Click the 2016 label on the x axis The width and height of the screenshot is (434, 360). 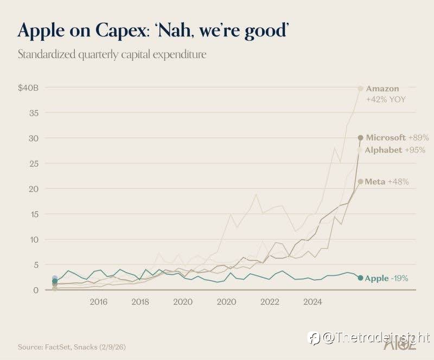pos(99,301)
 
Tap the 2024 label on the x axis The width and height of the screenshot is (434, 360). pos(313,301)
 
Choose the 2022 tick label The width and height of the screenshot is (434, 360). pos(270,301)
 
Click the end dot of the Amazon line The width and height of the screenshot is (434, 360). pos(360,89)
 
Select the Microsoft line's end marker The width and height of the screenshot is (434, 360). pos(360,138)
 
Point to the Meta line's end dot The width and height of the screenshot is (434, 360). pos(360,181)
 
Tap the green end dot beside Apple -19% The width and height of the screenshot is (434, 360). pos(360,278)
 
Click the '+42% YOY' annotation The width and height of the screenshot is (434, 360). pos(386,99)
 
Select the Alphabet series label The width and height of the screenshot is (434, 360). pos(384,150)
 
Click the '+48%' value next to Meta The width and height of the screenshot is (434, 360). pos(398,181)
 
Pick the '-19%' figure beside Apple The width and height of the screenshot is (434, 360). pos(399,279)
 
